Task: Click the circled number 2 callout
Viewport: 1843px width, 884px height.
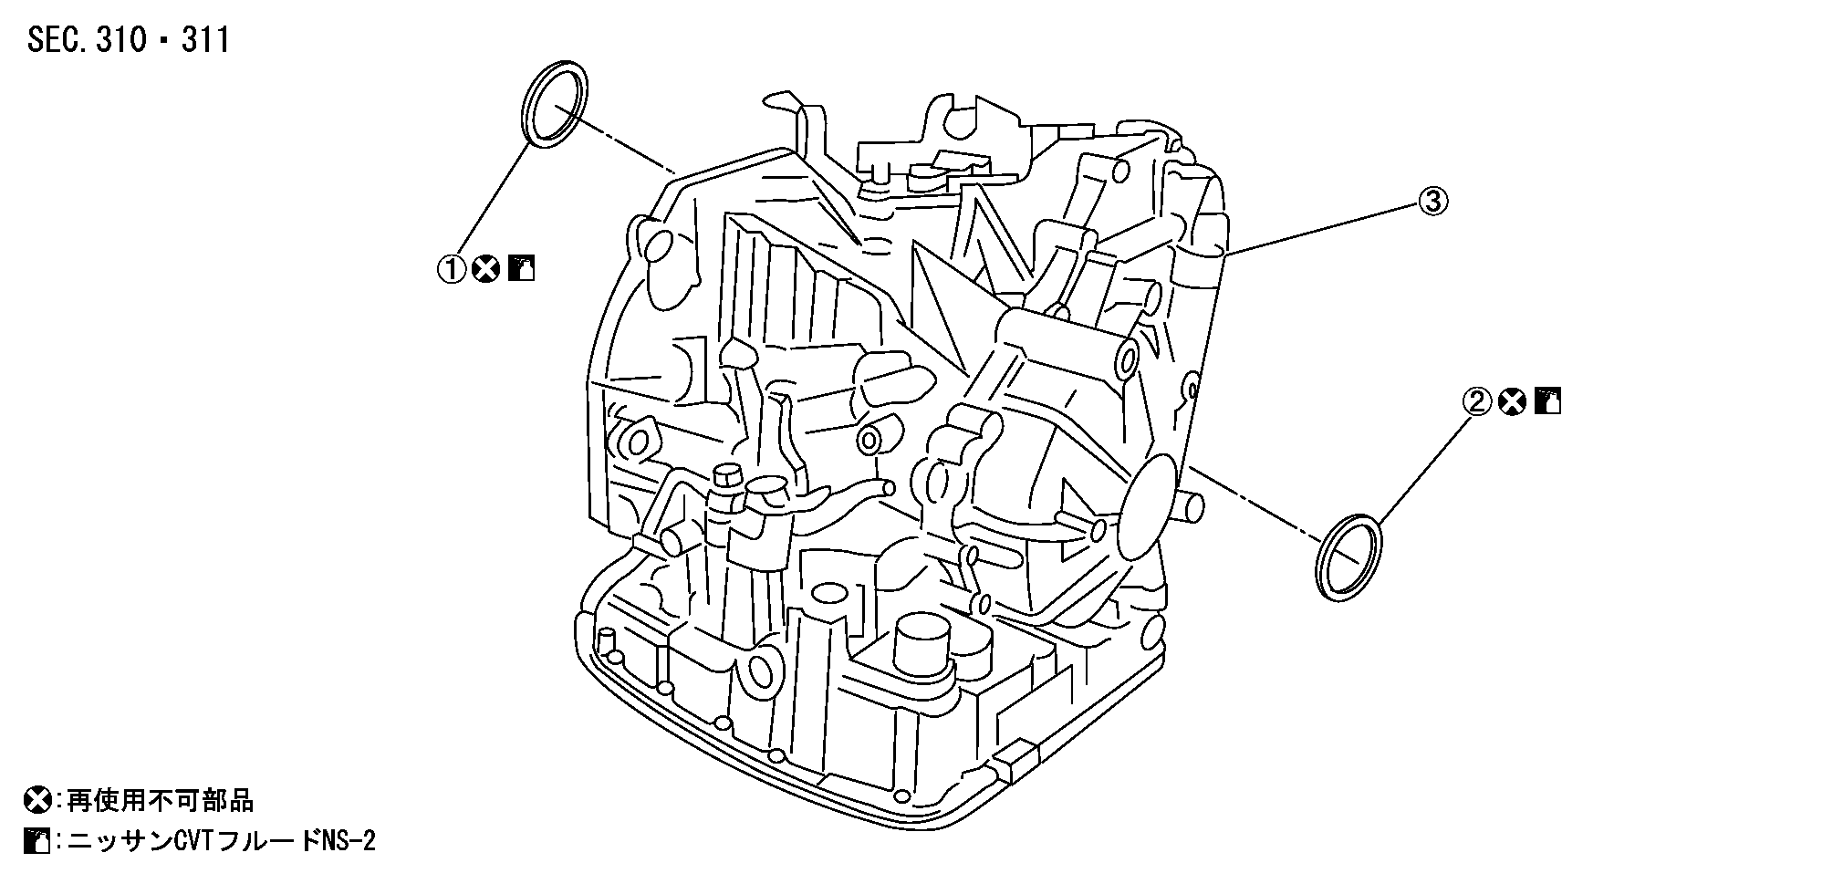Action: [1477, 401]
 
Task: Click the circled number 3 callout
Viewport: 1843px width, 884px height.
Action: [1432, 201]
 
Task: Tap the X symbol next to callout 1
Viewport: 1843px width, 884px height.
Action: [485, 269]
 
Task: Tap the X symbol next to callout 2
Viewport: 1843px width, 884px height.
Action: [1512, 401]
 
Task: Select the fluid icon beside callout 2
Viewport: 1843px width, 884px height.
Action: [1547, 401]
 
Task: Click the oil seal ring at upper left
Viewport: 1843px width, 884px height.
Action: [554, 102]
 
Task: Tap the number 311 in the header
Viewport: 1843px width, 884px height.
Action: [204, 40]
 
